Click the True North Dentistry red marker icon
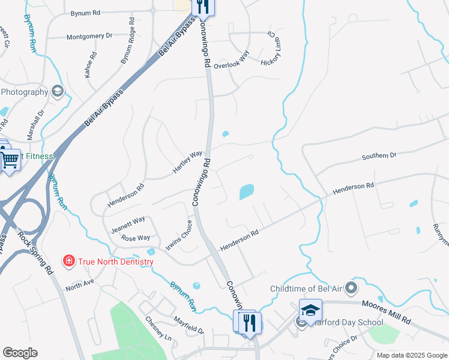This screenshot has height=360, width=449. pos(69,262)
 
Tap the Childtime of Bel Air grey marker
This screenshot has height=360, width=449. pos(352,289)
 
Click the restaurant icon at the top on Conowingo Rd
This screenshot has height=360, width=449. pos(203,7)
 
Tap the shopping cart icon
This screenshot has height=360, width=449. pos(10,160)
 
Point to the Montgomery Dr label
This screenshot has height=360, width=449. pos(89,36)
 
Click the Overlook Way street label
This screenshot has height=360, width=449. pos(231,62)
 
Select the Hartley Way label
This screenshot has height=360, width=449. pos(188,162)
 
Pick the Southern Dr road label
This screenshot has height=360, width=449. pos(379,157)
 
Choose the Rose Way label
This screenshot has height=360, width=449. pos(136,238)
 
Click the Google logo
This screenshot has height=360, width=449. pos(20,353)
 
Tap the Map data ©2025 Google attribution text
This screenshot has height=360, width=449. pos(412,355)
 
